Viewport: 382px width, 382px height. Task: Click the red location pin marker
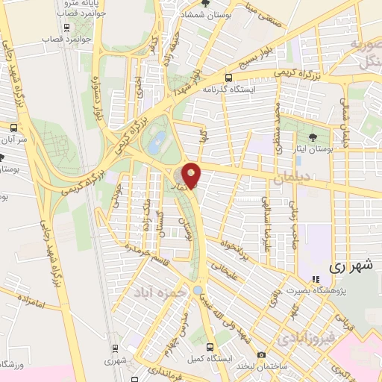tap(192, 175)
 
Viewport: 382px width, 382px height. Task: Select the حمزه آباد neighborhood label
tap(159, 291)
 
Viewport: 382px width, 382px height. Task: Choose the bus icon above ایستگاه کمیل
tap(210, 347)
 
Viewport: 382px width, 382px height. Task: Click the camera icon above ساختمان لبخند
tap(261, 354)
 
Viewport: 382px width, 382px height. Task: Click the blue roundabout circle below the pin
tap(198, 289)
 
